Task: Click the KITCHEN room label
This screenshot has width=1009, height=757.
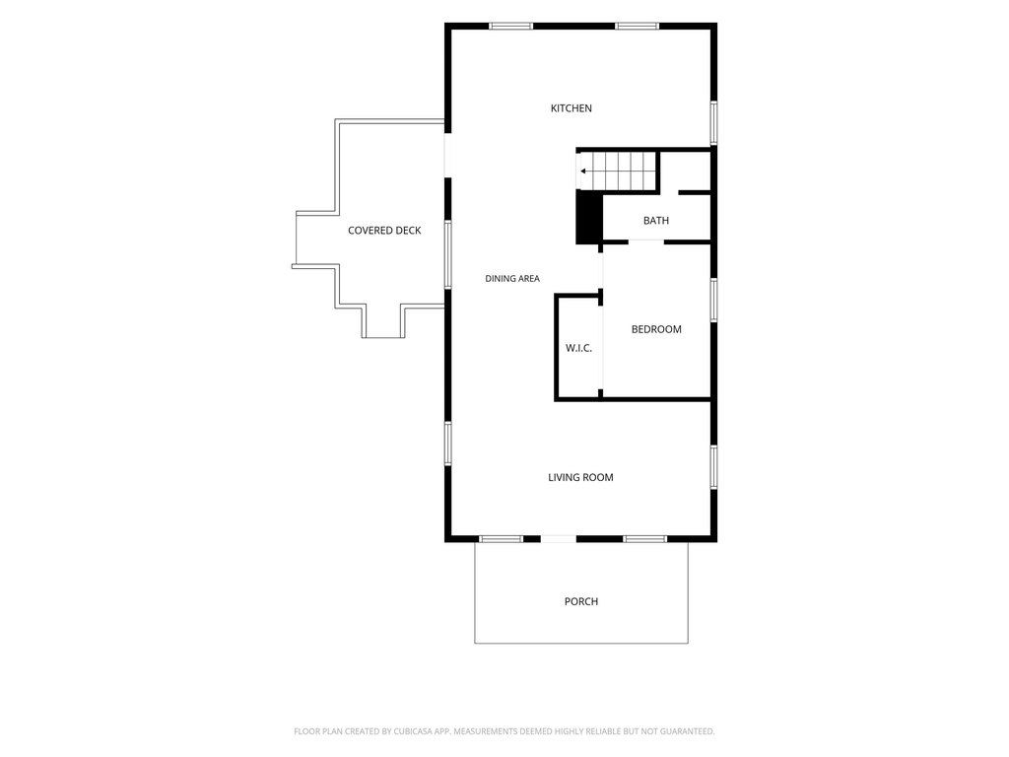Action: click(x=571, y=108)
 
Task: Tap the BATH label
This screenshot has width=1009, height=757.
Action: click(x=655, y=220)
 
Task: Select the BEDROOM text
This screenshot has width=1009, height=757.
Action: click(x=655, y=329)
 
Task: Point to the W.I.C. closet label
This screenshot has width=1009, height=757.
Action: click(x=578, y=348)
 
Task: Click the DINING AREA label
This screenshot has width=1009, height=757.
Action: click(x=512, y=279)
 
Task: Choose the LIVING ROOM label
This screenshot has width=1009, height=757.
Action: click(x=580, y=477)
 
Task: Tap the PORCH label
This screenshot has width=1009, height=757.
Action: click(x=581, y=601)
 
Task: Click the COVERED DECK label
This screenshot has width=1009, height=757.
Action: click(x=384, y=231)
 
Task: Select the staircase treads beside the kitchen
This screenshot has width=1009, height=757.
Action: click(x=619, y=172)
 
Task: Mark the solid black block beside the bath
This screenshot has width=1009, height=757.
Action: click(x=588, y=218)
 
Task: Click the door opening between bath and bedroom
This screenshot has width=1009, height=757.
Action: click(x=646, y=241)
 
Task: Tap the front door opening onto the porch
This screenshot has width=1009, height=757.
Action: click(x=558, y=538)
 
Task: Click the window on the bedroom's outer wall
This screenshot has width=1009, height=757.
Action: click(x=713, y=300)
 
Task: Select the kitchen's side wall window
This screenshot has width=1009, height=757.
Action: click(x=713, y=122)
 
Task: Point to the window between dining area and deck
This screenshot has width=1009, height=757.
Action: click(x=448, y=254)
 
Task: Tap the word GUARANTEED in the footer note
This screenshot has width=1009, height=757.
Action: click(x=688, y=731)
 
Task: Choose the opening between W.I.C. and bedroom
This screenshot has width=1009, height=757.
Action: click(x=602, y=347)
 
